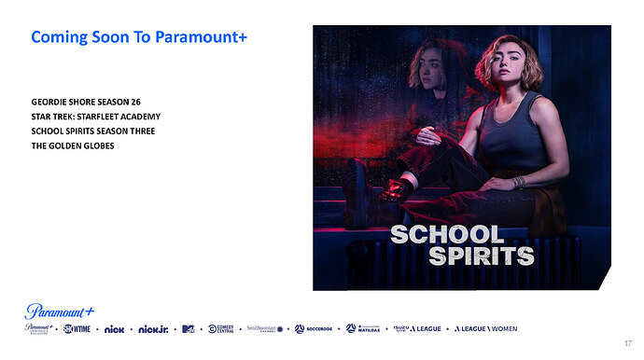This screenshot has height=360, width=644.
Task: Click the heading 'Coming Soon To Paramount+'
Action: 138,37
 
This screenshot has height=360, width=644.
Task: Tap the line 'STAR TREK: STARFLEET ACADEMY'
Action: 95,116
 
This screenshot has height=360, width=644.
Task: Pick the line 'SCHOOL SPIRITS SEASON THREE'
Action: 92,131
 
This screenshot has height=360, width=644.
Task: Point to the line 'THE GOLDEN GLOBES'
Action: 72,145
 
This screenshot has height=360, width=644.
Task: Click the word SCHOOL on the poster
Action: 446,235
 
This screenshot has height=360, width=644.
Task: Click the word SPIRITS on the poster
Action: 481,256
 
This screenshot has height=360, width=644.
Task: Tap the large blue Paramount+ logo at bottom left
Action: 60,311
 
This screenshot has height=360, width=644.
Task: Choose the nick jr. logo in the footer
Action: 153,329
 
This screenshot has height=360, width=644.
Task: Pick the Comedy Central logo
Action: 222,329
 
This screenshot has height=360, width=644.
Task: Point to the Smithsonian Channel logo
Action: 265,329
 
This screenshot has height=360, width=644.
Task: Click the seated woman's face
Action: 507,68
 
